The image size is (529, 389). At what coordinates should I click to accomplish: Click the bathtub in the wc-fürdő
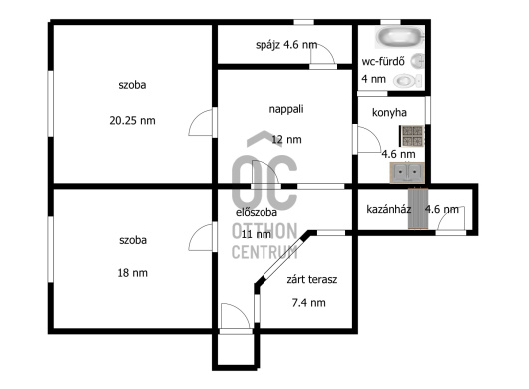point(399,37)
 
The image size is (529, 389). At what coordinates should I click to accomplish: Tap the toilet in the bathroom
point(408,81)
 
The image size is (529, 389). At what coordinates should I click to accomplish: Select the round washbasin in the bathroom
point(417,61)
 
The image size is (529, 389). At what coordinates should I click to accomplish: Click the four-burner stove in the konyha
point(412,136)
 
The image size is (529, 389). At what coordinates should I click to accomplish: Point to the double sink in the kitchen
point(407,173)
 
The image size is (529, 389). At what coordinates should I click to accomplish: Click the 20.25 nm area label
point(132,120)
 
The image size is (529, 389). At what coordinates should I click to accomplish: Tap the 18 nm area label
point(132,272)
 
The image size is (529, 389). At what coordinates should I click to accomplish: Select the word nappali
point(286,109)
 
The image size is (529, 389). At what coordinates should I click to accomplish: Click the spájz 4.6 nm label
point(286,45)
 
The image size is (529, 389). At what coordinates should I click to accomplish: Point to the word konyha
point(389,112)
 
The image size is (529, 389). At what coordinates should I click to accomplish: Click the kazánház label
point(388,209)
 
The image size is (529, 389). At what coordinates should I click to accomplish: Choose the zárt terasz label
point(312,279)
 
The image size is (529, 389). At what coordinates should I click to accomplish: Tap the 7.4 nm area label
point(309,302)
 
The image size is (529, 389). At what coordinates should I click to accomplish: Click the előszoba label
point(257,212)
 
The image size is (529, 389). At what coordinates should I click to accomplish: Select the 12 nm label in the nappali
point(286,139)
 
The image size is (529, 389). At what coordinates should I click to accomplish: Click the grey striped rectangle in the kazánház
point(418,208)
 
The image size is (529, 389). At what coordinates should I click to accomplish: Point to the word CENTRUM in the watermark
point(264,252)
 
